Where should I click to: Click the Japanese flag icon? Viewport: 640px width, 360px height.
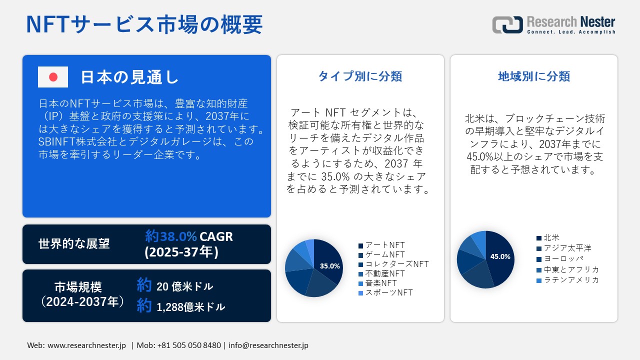53,77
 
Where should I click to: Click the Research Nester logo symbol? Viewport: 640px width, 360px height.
507,24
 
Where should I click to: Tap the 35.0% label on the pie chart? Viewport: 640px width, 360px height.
330,266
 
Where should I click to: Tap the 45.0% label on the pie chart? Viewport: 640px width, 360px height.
500,256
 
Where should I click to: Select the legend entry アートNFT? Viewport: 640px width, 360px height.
384,245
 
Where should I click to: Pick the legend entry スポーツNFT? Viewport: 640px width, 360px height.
388,292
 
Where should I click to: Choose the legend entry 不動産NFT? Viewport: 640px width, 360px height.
384,273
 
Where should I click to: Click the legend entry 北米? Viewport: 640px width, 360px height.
551,238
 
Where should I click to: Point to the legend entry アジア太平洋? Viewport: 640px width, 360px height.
567,248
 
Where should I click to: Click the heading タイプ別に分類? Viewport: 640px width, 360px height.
360,76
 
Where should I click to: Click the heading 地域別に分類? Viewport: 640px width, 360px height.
534,76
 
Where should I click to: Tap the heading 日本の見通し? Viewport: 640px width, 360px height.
129,77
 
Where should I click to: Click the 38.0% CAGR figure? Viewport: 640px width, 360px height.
189,236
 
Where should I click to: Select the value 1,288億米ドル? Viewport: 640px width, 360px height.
190,307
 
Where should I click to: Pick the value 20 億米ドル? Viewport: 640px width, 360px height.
184,286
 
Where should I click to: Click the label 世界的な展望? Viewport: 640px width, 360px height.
74,244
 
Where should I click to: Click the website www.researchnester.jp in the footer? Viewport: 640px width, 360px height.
86,345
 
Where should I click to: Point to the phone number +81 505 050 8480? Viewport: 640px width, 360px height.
189,345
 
